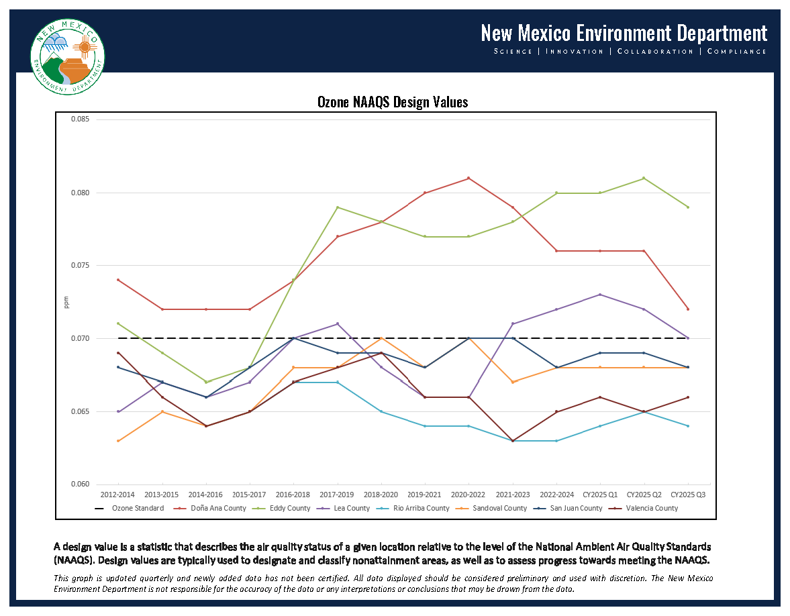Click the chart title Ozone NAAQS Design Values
coord(393,102)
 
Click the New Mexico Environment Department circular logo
coord(68,57)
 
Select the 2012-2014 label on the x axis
coord(119,495)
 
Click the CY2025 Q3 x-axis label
coord(688,495)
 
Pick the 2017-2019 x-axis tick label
coord(338,495)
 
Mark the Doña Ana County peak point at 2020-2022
coord(468,178)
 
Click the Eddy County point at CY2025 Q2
coord(644,178)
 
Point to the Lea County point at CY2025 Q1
coord(600,295)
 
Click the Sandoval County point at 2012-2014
coord(119,441)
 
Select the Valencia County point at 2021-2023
coord(513,441)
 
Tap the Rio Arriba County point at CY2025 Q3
coord(688,426)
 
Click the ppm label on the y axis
coord(66,303)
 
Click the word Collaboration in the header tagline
coord(654,51)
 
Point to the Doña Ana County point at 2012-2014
coord(119,280)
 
